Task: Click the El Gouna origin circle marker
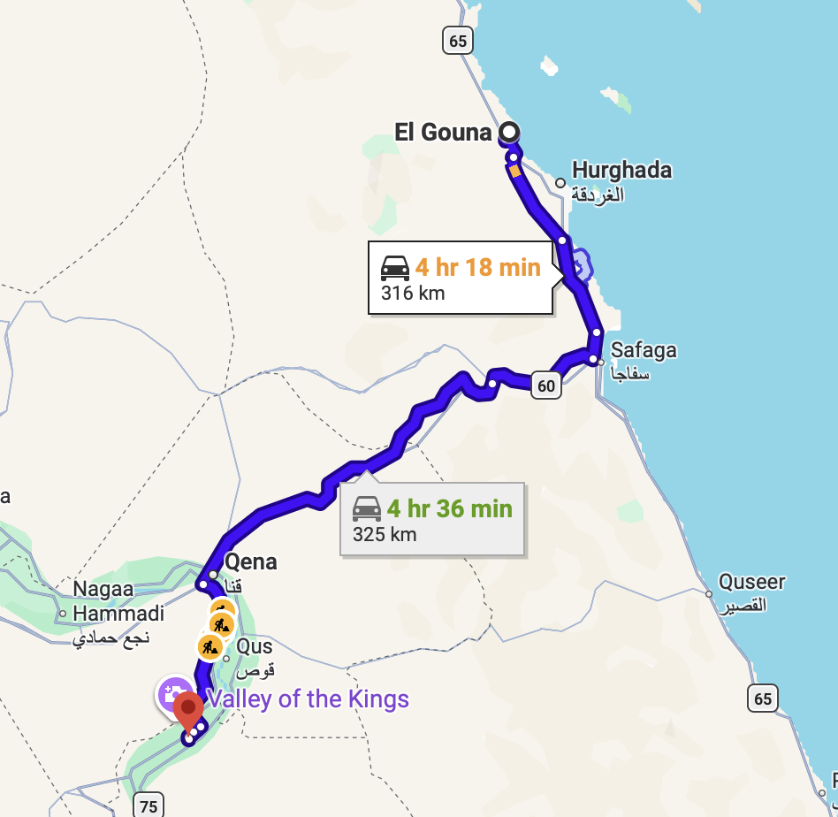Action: point(509,134)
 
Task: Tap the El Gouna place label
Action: point(443,133)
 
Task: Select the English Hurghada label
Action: point(621,170)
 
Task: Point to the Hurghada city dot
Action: point(560,184)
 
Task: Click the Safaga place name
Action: point(644,349)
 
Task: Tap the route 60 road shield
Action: point(546,386)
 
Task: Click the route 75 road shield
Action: point(148,806)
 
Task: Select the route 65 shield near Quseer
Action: point(763,699)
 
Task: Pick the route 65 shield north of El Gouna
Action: point(457,41)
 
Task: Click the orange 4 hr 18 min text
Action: point(477,267)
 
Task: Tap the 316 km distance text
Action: point(413,293)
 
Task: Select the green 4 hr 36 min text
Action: point(449,508)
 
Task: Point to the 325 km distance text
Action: point(385,534)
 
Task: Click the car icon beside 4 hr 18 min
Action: point(395,267)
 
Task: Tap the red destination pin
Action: point(187,710)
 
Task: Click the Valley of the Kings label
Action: point(308,699)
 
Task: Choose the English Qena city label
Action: point(251,561)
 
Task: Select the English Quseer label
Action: point(752,582)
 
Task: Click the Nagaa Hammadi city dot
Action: point(63,613)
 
